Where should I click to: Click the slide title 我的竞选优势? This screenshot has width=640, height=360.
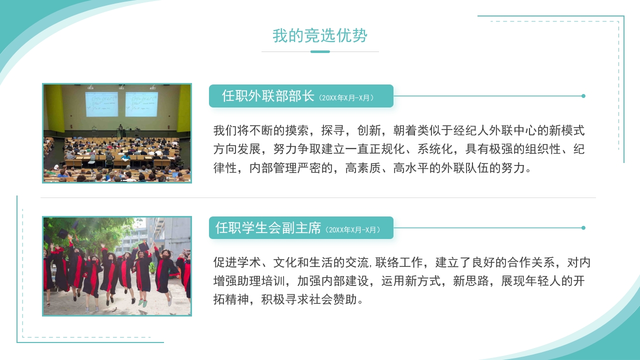[320, 36]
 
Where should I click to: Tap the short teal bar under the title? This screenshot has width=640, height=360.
[320, 51]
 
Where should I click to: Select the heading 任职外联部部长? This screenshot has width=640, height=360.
[268, 96]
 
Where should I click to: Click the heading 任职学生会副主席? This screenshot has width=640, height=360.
[268, 228]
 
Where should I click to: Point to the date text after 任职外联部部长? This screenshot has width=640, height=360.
[345, 98]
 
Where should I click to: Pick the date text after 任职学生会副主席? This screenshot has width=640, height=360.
[352, 230]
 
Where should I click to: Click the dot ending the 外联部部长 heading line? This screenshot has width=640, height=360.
[583, 96]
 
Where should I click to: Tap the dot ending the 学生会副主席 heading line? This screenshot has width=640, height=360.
[583, 228]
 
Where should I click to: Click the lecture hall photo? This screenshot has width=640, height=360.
[117, 133]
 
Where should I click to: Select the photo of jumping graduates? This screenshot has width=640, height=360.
[117, 266]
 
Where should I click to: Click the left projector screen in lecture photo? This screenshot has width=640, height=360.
[101, 104]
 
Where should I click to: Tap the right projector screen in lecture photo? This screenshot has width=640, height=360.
[141, 104]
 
